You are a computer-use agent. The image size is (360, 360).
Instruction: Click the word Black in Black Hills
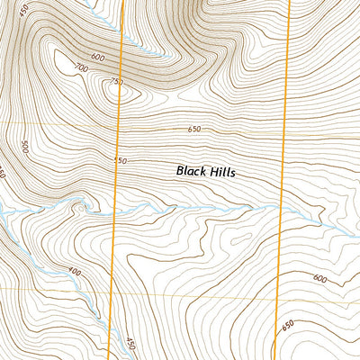(191, 170)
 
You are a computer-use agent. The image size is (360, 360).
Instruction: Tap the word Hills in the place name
(221, 170)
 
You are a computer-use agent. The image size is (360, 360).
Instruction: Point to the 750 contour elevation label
(114, 82)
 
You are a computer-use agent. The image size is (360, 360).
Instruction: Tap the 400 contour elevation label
(74, 272)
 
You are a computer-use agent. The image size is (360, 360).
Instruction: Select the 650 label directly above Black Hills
(194, 130)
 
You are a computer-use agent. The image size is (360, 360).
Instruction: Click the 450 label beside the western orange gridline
(130, 344)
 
